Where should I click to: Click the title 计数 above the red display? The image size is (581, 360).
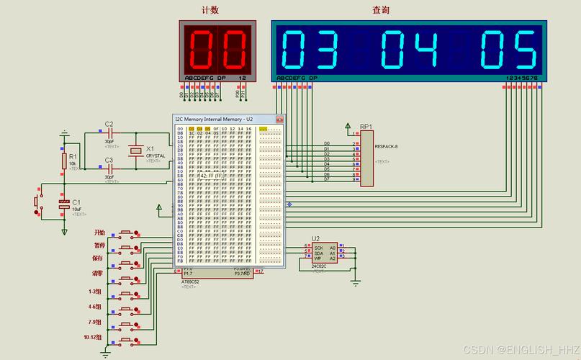[210, 10]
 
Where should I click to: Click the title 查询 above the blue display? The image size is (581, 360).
[381, 10]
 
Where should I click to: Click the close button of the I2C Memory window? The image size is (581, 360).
[279, 119]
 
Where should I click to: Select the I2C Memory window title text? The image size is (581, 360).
[215, 119]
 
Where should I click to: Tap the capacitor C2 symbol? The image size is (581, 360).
[109, 133]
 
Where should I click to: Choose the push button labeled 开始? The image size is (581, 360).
[128, 233]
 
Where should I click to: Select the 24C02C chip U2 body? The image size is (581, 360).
[325, 253]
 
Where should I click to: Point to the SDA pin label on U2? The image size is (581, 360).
[318, 253]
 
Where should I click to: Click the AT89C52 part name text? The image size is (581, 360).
[190, 282]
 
